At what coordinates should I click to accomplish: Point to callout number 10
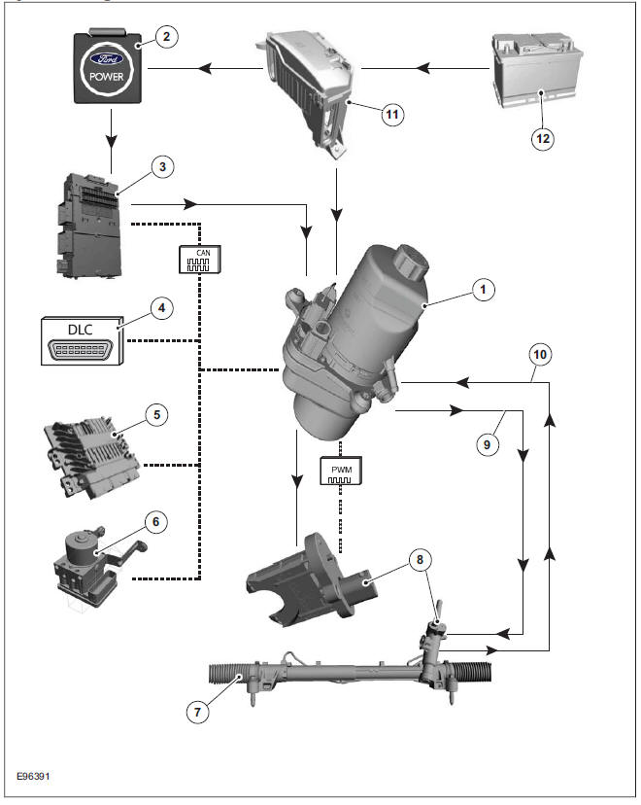[x=541, y=354]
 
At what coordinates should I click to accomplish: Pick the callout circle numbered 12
[x=543, y=138]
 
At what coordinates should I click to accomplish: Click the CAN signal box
[x=199, y=260]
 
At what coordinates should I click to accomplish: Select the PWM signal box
[x=340, y=472]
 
